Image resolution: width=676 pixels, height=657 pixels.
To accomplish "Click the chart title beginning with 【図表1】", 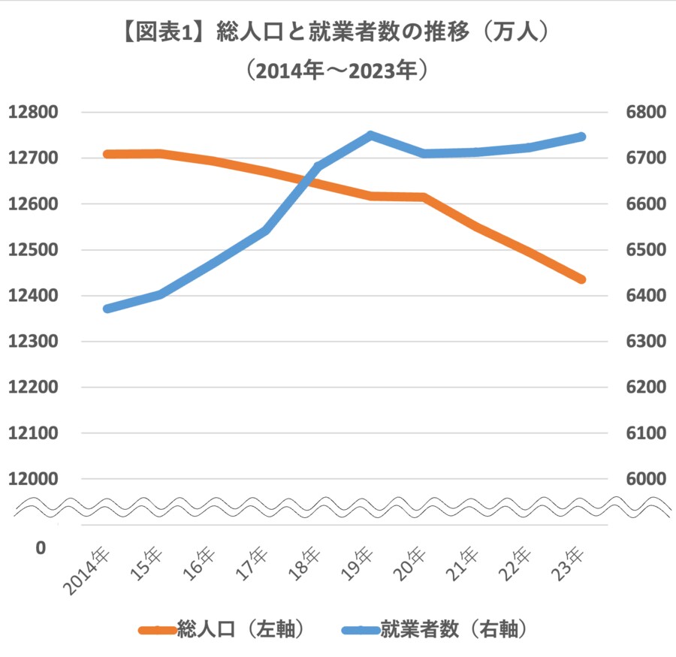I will pyautogui.click(x=337, y=33).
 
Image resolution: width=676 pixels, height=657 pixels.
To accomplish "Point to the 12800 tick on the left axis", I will pyautogui.click(x=33, y=113).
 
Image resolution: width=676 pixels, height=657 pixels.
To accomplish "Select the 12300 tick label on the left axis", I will pyautogui.click(x=33, y=342).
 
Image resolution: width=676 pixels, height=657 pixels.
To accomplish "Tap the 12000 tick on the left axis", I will pyautogui.click(x=33, y=479).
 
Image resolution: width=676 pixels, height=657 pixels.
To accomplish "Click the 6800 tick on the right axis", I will pyautogui.click(x=645, y=113).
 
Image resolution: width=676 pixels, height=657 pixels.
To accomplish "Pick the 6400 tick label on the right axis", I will pyautogui.click(x=645, y=296).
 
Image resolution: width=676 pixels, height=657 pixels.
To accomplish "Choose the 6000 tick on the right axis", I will pyautogui.click(x=645, y=479).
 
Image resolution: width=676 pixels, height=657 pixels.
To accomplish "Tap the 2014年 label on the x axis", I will pyautogui.click(x=89, y=570).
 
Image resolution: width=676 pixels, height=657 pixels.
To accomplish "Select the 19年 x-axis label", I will pyautogui.click(x=357, y=564).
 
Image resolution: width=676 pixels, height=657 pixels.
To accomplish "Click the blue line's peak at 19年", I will pyautogui.click(x=370, y=135).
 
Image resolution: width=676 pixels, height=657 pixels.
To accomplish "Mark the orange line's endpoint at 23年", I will pyautogui.click(x=581, y=279).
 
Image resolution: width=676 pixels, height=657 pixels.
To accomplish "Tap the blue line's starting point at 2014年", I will pyautogui.click(x=107, y=309).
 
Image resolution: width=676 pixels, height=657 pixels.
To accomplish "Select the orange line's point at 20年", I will pyautogui.click(x=424, y=197).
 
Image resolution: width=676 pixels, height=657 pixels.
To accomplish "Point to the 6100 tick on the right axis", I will pyautogui.click(x=645, y=433).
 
